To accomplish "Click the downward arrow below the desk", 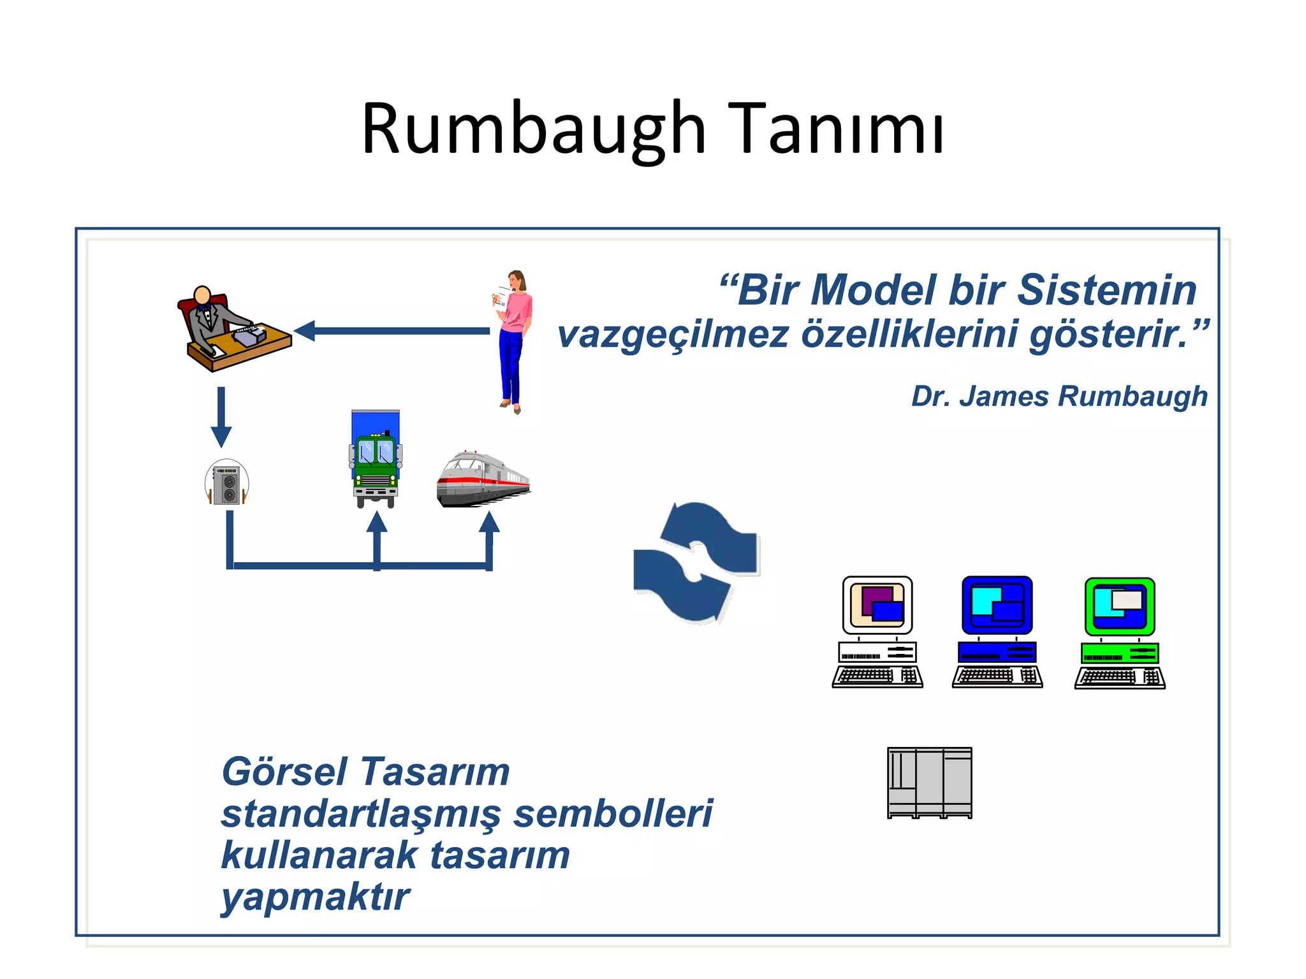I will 221,417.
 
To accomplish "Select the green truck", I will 376,462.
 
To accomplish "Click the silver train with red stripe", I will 483,480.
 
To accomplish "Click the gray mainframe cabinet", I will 930,783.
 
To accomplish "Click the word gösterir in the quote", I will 1110,334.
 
